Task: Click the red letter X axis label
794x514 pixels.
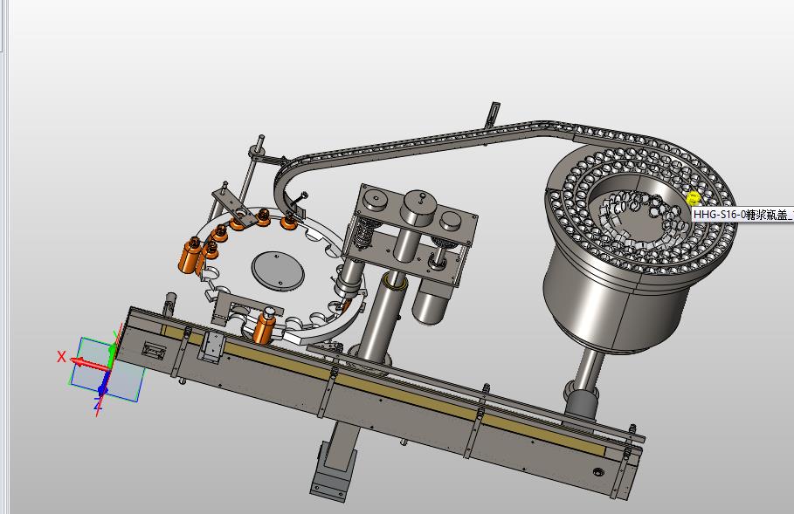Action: click(x=62, y=357)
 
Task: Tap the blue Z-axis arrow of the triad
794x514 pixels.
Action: click(x=103, y=387)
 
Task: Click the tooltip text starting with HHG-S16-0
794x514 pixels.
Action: click(x=742, y=215)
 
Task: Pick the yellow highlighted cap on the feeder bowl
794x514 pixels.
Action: click(x=694, y=198)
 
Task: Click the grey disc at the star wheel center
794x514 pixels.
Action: click(x=278, y=271)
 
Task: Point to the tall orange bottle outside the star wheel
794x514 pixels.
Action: click(x=189, y=256)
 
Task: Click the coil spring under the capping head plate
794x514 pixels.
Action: click(x=362, y=233)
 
